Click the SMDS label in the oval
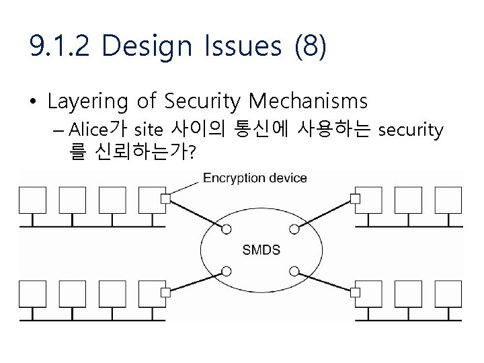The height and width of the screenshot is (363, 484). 261,250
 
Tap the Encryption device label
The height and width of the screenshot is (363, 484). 255,178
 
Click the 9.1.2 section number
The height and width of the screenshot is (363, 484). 61,46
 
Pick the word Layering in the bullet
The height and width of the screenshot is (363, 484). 87,102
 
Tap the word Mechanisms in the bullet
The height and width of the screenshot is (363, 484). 308,102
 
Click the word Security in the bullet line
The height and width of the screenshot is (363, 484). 201,102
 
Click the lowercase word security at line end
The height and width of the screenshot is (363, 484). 411,130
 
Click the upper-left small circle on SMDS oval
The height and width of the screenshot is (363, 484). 227,229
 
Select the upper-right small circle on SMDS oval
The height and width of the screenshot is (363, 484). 294,229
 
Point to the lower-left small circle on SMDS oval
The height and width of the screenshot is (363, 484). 227,271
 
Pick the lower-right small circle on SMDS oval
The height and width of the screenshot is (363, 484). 294,271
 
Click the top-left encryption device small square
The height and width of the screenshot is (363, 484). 165,198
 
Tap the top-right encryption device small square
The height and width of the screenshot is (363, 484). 356,198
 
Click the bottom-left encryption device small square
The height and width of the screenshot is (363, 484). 165,292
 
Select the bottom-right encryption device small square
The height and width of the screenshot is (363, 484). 356,292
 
